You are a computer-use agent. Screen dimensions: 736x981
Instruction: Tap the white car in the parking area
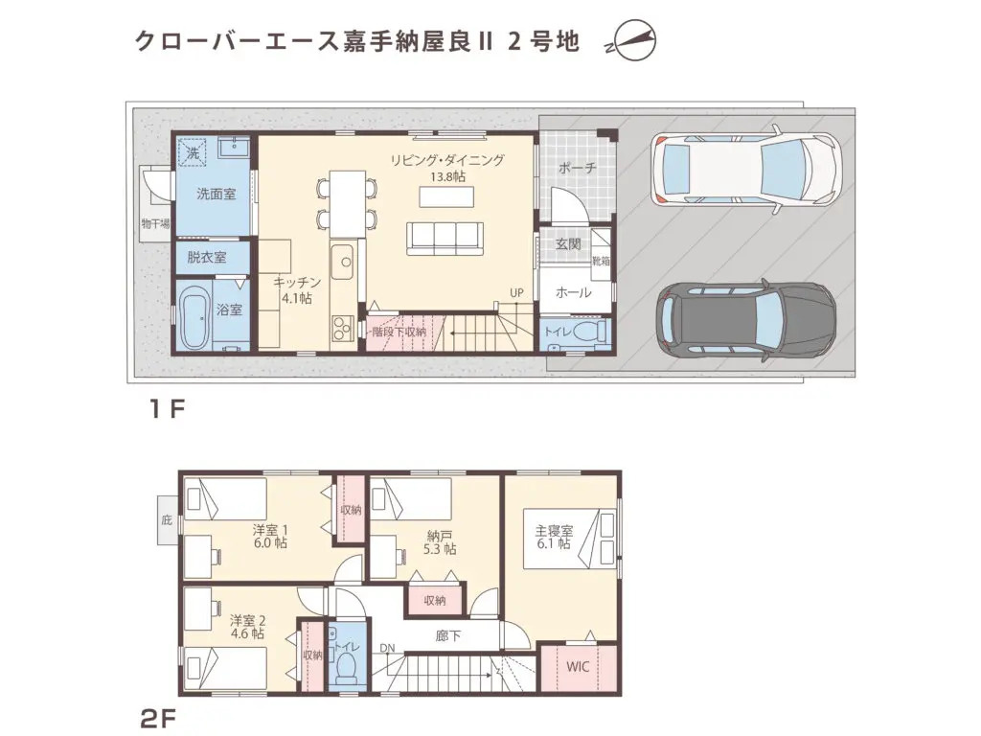tap(744, 170)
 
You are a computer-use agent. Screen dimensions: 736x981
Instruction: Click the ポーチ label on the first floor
tap(577, 168)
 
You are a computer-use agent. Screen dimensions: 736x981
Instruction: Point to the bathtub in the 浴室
tap(195, 316)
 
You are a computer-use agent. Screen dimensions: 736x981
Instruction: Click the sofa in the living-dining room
tap(444, 238)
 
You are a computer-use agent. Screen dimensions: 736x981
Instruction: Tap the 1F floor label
tap(165, 409)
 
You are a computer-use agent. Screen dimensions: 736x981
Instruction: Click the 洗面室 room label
tap(217, 194)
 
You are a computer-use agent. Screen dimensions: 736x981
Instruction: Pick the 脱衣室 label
tap(207, 257)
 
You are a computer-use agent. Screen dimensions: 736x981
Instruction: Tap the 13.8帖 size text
tap(447, 177)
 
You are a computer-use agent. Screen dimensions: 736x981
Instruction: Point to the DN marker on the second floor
tap(387, 649)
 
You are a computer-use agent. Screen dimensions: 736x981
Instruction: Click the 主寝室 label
tap(554, 529)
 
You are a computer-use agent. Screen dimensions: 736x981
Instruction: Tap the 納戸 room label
tap(441, 536)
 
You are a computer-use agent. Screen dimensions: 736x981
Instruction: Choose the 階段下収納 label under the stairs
tap(399, 332)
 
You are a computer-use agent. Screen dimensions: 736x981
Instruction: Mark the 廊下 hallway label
tap(448, 634)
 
